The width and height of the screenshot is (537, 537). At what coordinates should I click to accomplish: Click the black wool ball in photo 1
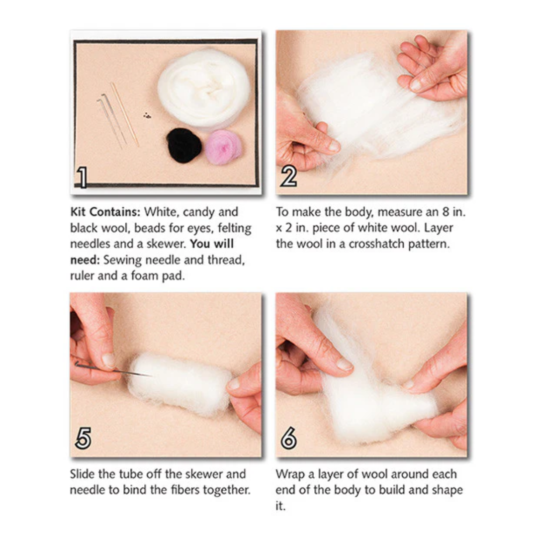[184, 145]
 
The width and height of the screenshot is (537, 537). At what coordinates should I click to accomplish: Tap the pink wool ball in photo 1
[223, 147]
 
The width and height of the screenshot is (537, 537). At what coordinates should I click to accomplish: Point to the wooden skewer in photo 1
[125, 114]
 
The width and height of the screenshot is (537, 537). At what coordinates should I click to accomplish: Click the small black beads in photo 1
[147, 115]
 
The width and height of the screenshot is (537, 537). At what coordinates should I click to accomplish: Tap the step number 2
[288, 177]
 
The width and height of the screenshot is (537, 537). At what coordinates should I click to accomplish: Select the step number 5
[83, 439]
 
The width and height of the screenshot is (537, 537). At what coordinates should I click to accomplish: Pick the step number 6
[288, 439]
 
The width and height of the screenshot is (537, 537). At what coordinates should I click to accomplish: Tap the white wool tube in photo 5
[179, 383]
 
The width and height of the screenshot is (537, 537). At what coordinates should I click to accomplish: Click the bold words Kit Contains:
[105, 212]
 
